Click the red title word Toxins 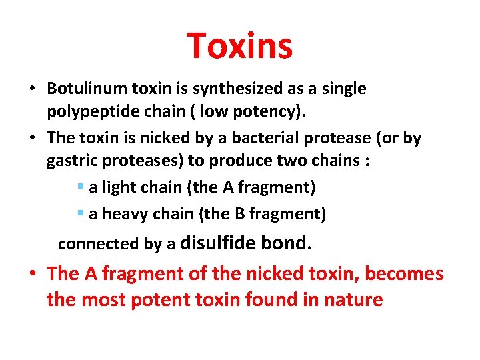point(239,46)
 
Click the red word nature point(354,300)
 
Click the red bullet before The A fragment point(33,274)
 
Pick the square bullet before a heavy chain point(81,214)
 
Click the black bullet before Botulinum point(33,89)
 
